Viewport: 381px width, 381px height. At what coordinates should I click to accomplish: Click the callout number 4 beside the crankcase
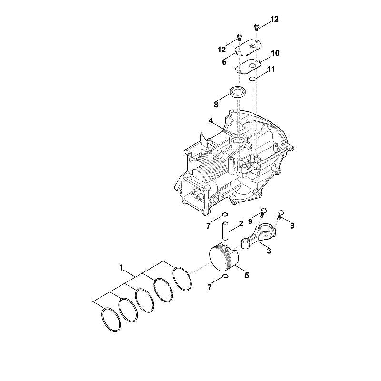click(x=211, y=121)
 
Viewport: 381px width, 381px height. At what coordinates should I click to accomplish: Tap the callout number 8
click(x=216, y=105)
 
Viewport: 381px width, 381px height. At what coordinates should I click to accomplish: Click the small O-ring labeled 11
click(x=253, y=79)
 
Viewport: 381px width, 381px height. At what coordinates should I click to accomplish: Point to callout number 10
click(x=275, y=53)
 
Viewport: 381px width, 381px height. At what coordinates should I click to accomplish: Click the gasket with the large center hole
click(x=248, y=66)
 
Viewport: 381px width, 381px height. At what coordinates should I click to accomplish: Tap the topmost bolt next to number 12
click(x=256, y=27)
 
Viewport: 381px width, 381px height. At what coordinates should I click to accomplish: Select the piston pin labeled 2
click(x=225, y=231)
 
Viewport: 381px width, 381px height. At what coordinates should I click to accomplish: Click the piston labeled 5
click(x=224, y=259)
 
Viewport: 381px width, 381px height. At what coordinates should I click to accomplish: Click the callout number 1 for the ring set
click(x=121, y=268)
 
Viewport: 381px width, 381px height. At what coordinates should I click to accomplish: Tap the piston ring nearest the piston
click(x=182, y=279)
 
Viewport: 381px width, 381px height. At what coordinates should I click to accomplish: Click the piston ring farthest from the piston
click(x=110, y=320)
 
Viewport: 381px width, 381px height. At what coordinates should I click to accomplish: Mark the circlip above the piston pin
click(x=225, y=214)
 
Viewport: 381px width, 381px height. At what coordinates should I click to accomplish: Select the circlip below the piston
click(x=225, y=276)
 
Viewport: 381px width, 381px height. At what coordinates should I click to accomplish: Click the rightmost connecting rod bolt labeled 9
click(x=281, y=214)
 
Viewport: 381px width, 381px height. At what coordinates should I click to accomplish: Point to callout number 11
click(x=271, y=69)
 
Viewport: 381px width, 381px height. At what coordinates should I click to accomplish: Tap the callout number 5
click(x=247, y=276)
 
